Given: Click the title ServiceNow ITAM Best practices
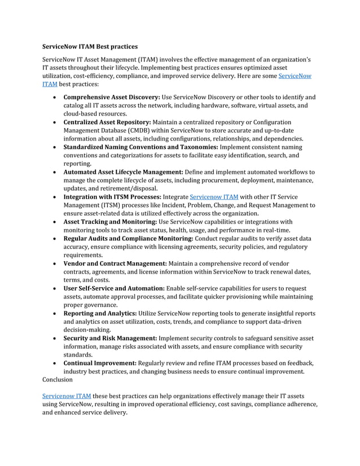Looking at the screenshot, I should point(90,45).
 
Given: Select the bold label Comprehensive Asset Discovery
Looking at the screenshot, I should point(112,97).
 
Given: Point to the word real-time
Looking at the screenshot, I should point(274,230).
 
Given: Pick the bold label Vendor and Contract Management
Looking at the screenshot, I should point(115,263).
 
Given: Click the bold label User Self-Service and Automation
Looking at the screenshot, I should point(114,288).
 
